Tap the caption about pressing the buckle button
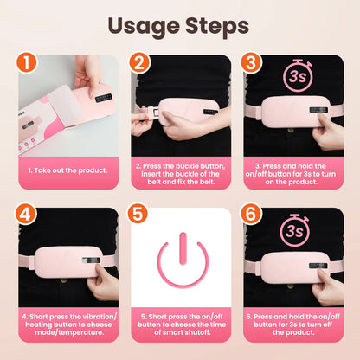pos(180,172)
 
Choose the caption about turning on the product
pos(292,172)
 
